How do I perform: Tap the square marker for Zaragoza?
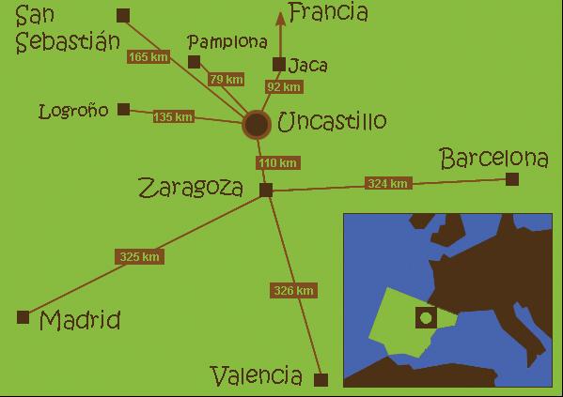[x=266, y=190]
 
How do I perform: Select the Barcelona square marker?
[x=512, y=178]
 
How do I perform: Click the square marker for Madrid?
[x=23, y=317]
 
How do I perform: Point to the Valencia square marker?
[x=321, y=380]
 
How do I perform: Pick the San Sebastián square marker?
[x=123, y=15]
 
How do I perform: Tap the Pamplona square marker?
[x=195, y=62]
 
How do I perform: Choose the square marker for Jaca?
[x=278, y=65]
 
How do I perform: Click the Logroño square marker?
[x=124, y=109]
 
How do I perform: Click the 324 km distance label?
[x=387, y=183]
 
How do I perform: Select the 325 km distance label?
[x=140, y=256]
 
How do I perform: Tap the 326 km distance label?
[x=292, y=291]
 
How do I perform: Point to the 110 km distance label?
[x=278, y=163]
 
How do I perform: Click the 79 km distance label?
[x=227, y=79]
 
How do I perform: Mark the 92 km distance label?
[x=284, y=87]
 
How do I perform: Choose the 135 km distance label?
[x=174, y=117]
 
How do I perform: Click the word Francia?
[x=328, y=12]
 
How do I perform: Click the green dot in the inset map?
[x=426, y=318]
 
